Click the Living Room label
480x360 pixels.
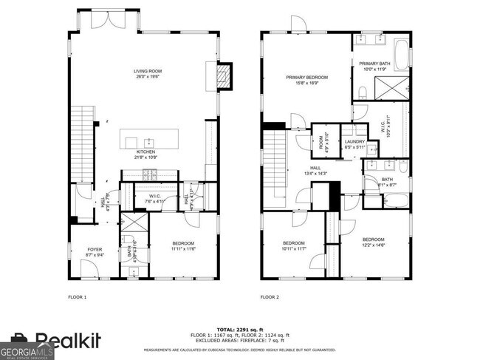(x=147, y=72)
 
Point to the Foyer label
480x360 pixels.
(x=95, y=249)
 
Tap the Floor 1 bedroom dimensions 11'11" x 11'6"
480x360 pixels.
(x=182, y=248)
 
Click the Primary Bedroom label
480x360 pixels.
(x=306, y=76)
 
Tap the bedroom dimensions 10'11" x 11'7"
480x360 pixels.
(x=294, y=248)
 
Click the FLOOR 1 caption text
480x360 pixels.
(x=77, y=297)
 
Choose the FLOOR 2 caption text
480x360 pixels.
(x=269, y=297)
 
